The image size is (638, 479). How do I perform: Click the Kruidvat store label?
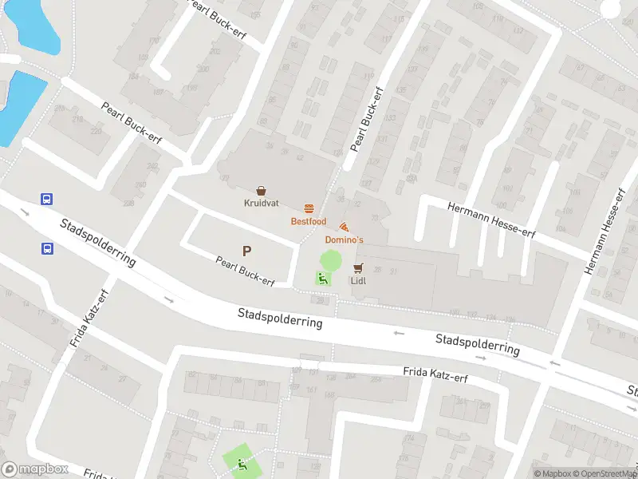[x=261, y=203]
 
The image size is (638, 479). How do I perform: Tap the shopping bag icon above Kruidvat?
[x=261, y=191]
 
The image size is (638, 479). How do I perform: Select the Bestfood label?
[x=308, y=221]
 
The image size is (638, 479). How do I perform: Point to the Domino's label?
[x=344, y=239]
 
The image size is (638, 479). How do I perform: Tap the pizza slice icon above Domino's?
[x=344, y=228]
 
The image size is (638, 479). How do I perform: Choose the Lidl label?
[x=358, y=280]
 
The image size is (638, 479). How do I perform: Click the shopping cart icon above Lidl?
[x=358, y=268]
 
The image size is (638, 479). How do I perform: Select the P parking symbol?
[x=247, y=251]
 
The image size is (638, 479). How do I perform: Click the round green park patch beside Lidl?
[x=330, y=259]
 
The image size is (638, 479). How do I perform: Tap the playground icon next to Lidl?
[x=322, y=279]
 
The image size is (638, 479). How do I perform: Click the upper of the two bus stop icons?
[x=47, y=200]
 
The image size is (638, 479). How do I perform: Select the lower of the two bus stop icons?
[x=47, y=247]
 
